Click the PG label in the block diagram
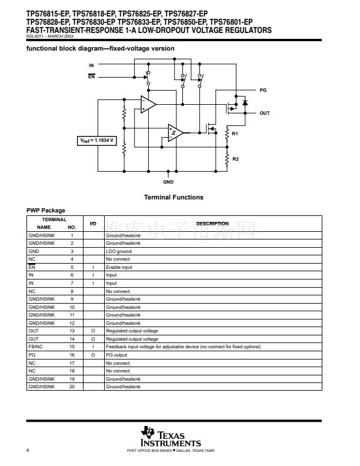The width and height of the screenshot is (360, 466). pyautogui.click(x=263, y=91)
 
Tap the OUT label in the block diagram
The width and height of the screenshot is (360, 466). pyautogui.click(x=265, y=113)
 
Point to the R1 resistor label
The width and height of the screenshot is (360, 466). pyautogui.click(x=235, y=135)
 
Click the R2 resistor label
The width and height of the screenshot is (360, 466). pyautogui.click(x=235, y=159)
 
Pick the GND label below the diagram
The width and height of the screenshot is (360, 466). pyautogui.click(x=168, y=182)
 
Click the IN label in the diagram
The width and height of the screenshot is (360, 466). pyautogui.click(x=91, y=65)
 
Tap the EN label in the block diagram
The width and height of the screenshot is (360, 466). pyautogui.click(x=91, y=76)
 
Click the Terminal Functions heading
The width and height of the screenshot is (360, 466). pyautogui.click(x=174, y=197)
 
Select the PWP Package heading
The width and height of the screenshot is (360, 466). pyautogui.click(x=46, y=210)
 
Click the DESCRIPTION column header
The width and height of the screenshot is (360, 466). pyautogui.click(x=212, y=224)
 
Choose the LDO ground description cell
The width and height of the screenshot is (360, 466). pyautogui.click(x=119, y=251)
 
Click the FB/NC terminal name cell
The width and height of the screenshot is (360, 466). pyautogui.click(x=36, y=347)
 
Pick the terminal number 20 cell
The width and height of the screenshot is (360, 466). pyautogui.click(x=72, y=387)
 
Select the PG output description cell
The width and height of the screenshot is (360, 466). pyautogui.click(x=116, y=355)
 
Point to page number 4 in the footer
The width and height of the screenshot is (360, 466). pyautogui.click(x=28, y=451)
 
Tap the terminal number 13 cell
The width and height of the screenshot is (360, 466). pyautogui.click(x=72, y=331)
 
